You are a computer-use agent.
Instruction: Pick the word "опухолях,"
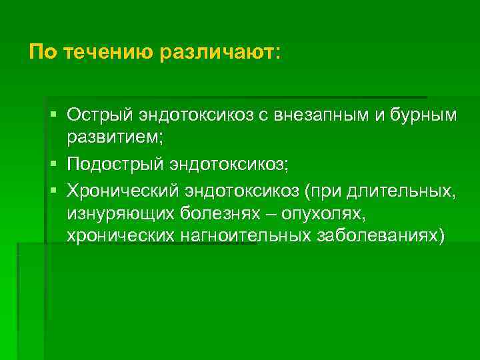click(x=323, y=215)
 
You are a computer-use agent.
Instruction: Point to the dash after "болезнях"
click(x=272, y=215)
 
